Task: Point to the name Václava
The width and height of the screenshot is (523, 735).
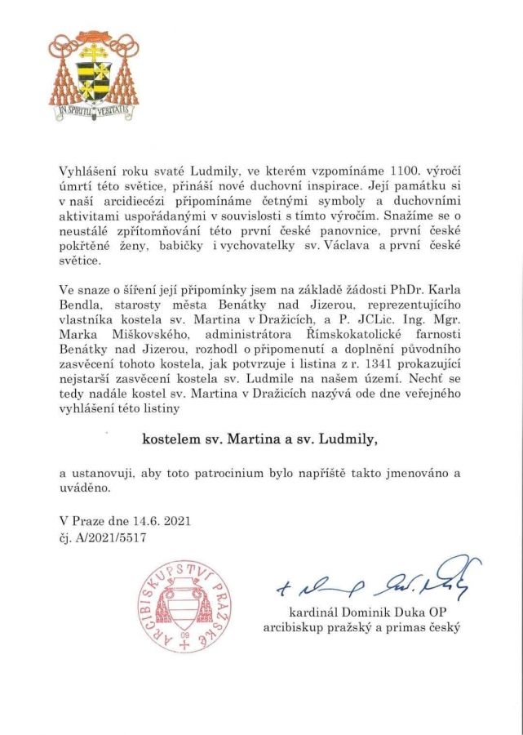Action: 340,247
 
